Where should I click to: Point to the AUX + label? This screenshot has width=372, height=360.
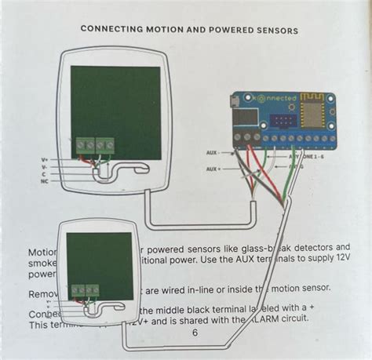(x=213, y=169)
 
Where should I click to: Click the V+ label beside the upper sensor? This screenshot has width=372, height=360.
(x=44, y=160)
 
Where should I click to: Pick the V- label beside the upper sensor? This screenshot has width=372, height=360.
(x=44, y=167)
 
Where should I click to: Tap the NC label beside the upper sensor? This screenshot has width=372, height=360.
(x=44, y=181)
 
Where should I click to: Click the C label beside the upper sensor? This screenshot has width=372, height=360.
(x=45, y=174)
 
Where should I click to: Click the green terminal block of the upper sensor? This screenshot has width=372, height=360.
(x=94, y=145)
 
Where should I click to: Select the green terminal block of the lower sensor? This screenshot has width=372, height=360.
(x=86, y=291)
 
